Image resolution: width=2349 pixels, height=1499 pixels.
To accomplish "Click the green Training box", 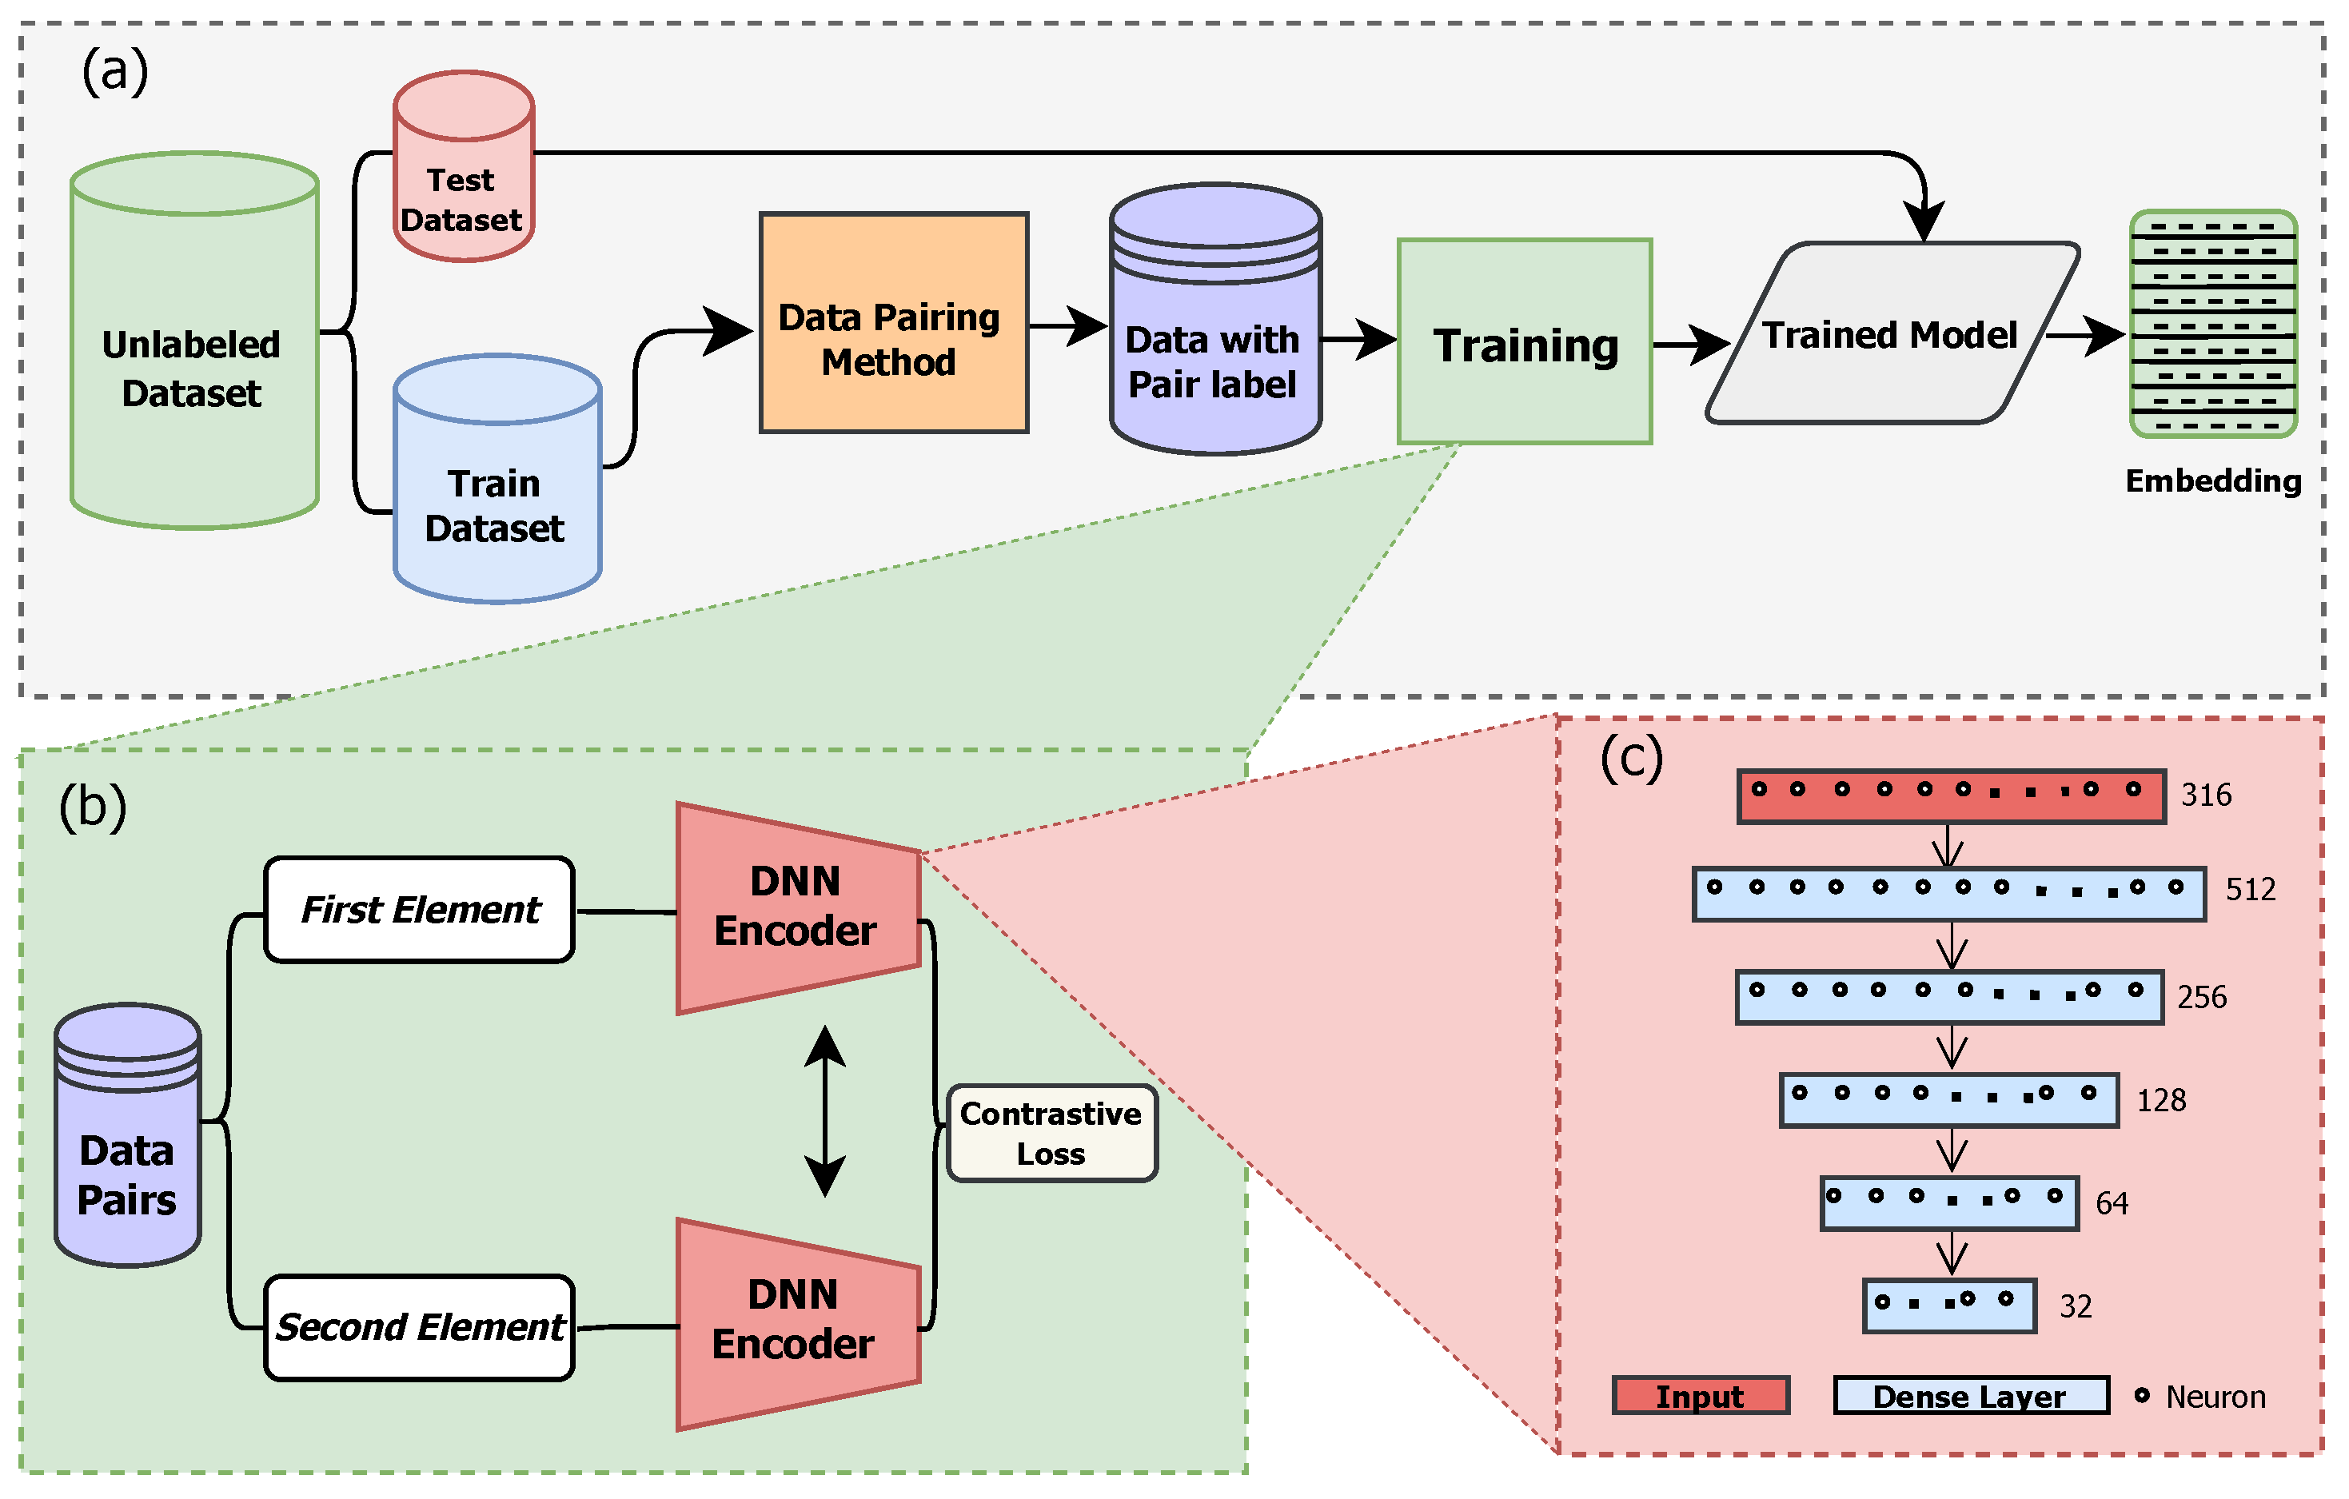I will [1525, 342].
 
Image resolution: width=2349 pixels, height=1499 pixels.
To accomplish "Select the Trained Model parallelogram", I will [1892, 333].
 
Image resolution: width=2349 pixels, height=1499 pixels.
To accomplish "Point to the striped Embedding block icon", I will [2213, 325].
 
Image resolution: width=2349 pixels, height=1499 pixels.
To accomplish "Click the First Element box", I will [420, 910].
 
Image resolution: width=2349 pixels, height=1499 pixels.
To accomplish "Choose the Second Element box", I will [420, 1327].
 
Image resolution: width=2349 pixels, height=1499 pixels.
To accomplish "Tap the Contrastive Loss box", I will [1051, 1134].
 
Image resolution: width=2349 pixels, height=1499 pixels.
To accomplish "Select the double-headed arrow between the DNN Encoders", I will [825, 1112].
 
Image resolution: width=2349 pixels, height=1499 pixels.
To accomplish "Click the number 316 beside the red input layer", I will [2206, 795].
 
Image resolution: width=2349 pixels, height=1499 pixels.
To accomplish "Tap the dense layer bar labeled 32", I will [1949, 1306].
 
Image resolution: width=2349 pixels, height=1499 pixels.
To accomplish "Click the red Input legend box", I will [1701, 1396].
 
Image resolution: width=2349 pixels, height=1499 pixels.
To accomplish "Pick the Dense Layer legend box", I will [1971, 1396].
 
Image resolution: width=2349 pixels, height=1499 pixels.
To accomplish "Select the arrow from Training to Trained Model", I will [1690, 345].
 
